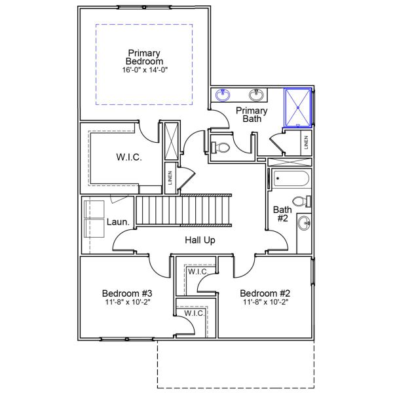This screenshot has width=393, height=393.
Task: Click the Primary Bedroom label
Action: [x=145, y=57]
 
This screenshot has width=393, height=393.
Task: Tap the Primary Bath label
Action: [x=252, y=115]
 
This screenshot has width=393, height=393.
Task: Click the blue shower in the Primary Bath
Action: [x=299, y=108]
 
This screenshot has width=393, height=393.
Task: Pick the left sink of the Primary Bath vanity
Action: [x=221, y=94]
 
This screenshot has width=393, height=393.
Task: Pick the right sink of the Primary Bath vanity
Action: [x=257, y=93]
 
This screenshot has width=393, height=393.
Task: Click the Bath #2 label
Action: [x=280, y=214]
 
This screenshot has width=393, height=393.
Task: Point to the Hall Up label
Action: [x=200, y=240]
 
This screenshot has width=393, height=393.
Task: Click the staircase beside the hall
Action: [x=183, y=210]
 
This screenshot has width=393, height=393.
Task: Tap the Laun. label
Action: [x=117, y=222]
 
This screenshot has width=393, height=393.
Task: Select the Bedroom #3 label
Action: [x=127, y=293]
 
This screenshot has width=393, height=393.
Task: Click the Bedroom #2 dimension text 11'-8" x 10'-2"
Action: [x=265, y=302]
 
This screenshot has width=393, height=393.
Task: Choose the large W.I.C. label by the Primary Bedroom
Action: [x=129, y=158]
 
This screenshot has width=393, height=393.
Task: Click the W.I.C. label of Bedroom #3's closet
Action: [x=195, y=314]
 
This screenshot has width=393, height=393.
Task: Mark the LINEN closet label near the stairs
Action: [x=170, y=178]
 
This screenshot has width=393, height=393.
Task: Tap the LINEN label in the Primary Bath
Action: [x=305, y=141]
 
